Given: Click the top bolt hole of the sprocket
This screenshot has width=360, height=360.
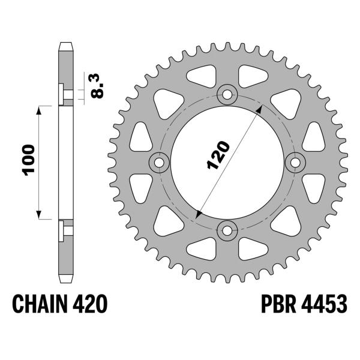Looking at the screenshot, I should pos(227,94).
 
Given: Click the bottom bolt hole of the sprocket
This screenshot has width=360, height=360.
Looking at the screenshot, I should pos(227,229).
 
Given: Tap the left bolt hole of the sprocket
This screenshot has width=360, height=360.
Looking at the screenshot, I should pos(160,161).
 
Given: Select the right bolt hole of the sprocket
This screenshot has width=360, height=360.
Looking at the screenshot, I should pos(295,161).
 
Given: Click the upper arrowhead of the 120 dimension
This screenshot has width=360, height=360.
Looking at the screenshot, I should pos(259,110).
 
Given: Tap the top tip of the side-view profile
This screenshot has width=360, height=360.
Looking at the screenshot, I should pos(65,44).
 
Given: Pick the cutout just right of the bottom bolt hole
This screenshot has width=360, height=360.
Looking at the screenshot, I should pos(254,247).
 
